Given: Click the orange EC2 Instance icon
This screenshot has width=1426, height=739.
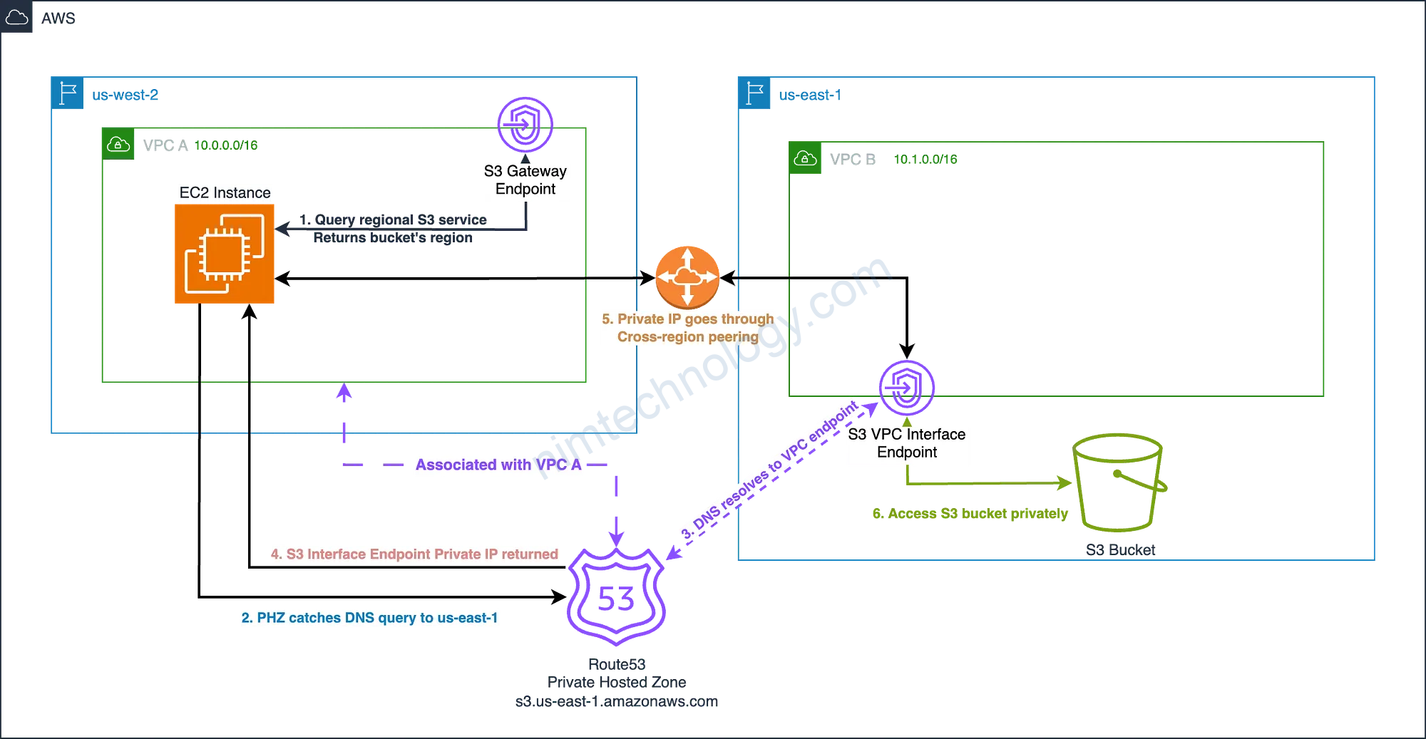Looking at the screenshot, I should [x=225, y=254].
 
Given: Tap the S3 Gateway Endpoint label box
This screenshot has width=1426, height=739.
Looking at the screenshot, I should [x=526, y=181].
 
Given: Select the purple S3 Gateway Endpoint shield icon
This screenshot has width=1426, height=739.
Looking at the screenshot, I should [x=525, y=124].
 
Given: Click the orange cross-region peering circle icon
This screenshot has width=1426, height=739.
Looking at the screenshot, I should [x=687, y=277].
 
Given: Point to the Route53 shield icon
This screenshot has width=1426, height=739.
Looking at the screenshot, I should [x=616, y=597].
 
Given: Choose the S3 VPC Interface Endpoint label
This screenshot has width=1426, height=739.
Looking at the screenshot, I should [x=908, y=444].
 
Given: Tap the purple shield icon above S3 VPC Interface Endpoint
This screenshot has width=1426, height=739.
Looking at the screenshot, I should [x=906, y=388].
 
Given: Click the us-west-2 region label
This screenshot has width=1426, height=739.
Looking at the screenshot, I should [x=125, y=95].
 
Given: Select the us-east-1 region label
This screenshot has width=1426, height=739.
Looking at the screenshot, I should [x=809, y=95].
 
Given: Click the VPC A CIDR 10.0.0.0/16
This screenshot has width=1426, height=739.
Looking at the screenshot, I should [x=225, y=145].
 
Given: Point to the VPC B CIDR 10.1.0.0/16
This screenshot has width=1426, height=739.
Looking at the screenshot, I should [x=925, y=160].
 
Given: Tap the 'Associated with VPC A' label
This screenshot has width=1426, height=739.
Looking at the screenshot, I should [x=498, y=465].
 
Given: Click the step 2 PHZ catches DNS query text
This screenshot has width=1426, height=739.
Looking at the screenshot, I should [x=370, y=618].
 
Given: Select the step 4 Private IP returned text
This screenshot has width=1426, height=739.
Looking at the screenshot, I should [x=415, y=554].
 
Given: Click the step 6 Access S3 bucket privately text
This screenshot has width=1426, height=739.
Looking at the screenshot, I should [x=970, y=514].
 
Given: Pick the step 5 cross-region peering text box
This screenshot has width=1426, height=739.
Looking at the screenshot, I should [x=688, y=329].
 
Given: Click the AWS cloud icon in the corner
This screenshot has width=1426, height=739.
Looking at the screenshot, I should [x=16, y=17].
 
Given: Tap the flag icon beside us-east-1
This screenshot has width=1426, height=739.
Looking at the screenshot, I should [x=754, y=93].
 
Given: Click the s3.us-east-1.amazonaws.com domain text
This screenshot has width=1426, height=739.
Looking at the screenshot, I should [x=616, y=702].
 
